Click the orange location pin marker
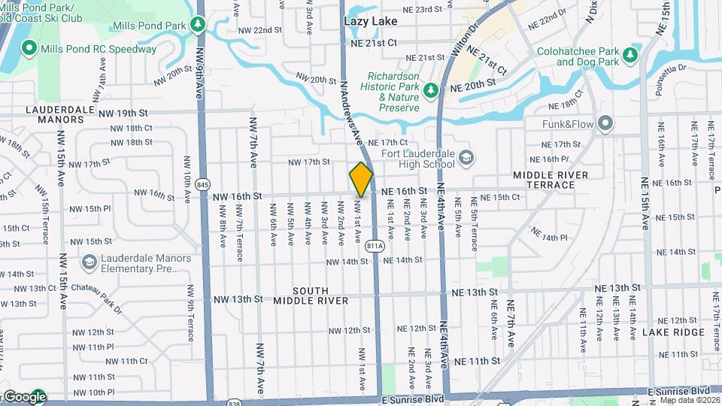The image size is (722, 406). (362, 180)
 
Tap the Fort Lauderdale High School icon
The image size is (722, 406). (466, 157)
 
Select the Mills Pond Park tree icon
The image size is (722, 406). (198, 25)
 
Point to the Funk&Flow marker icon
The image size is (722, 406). (605, 123)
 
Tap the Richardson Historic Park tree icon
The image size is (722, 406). (431, 91)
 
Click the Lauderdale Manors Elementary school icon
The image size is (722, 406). (89, 262)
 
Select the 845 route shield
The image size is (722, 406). (202, 185)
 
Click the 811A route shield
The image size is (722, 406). (375, 246)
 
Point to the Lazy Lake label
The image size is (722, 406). (369, 21)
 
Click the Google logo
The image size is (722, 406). (24, 397)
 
